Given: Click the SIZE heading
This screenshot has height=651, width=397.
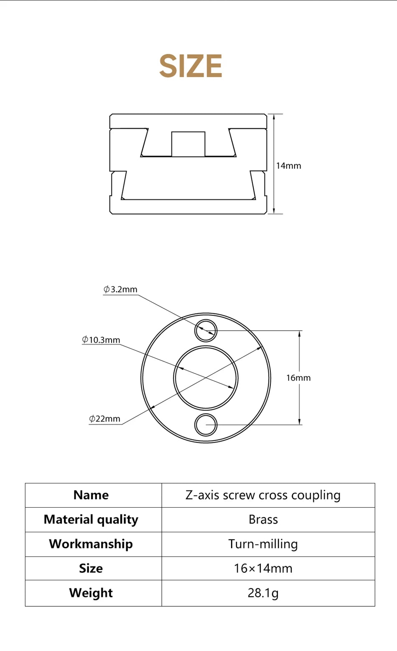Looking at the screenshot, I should point(191,66).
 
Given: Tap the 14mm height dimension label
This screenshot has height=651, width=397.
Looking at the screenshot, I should point(288,166).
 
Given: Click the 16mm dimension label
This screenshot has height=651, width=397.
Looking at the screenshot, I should point(298,378).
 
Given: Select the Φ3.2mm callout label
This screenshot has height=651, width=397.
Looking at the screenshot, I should point(120,289).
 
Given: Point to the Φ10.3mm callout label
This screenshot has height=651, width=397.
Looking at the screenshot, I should point(101,340).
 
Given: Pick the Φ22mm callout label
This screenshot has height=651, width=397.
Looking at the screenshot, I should point(104,419).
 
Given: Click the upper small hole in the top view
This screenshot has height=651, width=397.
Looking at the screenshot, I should point(206,331).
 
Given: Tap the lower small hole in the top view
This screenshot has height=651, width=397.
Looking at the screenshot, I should point(206,425).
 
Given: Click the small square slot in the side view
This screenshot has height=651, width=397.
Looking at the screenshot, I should point(188,144).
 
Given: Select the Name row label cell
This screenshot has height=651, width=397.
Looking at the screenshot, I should point(91,495).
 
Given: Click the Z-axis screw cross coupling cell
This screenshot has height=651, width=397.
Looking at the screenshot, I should point(263,495).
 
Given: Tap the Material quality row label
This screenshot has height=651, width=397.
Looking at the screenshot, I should point(91,519).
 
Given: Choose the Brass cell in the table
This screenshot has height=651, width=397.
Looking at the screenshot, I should point(263,519).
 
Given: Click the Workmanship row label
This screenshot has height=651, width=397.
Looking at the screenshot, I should point(91,544).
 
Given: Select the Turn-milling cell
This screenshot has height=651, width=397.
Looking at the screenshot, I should point(263,544).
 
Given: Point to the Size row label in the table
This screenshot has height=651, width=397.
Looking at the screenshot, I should point(91,568).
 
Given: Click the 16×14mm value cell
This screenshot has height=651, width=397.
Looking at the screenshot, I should point(263,568).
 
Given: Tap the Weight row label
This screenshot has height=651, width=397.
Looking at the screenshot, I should point(91,593).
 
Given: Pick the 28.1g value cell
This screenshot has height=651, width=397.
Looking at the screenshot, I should point(263,593).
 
